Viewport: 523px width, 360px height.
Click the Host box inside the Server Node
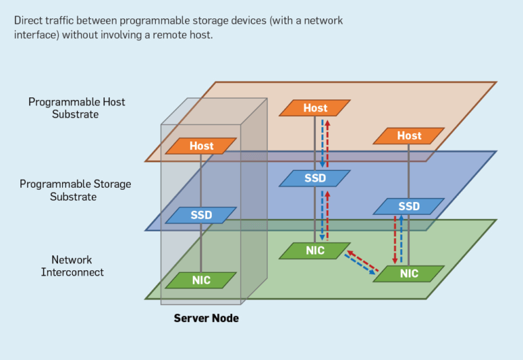click(202, 146)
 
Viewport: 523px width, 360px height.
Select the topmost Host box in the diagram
click(315, 108)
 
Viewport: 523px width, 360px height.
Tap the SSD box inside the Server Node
click(202, 215)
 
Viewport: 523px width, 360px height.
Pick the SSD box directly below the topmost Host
click(315, 178)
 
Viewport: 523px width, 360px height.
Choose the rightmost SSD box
click(409, 206)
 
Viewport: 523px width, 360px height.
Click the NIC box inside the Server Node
click(202, 280)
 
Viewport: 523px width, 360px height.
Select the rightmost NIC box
click(409, 274)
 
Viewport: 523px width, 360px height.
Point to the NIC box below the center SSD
click(315, 250)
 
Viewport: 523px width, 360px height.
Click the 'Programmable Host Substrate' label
click(76, 108)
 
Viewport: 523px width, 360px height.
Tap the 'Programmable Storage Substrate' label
click(75, 191)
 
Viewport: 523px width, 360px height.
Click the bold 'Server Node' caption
click(206, 318)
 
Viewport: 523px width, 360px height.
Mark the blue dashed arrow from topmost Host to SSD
click(322, 144)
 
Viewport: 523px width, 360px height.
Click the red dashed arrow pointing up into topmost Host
click(328, 144)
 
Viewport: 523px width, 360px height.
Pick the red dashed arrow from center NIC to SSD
click(328, 215)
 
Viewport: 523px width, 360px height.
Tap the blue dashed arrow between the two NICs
click(359, 266)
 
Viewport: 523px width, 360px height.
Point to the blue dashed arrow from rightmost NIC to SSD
click(401, 239)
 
